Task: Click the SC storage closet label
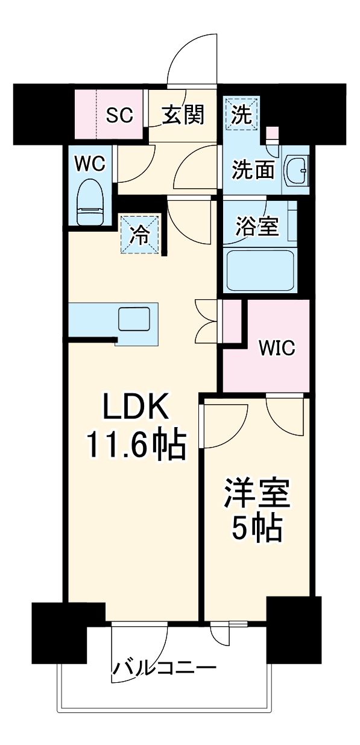[x=119, y=115]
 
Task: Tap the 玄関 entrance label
[x=183, y=114]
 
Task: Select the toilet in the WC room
[x=91, y=201]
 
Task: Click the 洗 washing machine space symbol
[x=241, y=115]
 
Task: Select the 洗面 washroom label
[x=254, y=171]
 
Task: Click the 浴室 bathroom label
[x=256, y=227]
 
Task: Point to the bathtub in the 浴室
[x=259, y=271]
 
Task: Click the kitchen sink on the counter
[x=133, y=319]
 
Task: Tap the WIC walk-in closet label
[x=277, y=348]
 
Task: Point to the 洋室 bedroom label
[x=258, y=495]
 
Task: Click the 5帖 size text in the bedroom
[x=258, y=529]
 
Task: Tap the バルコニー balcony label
[x=164, y=668]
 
